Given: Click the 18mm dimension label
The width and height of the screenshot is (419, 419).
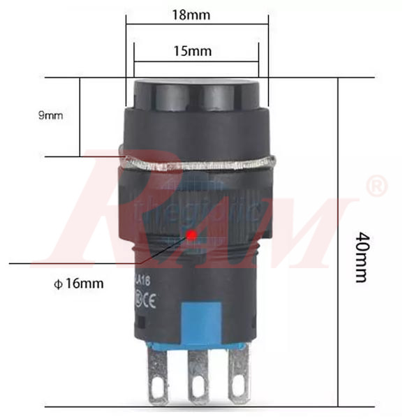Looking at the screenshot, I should [x=194, y=13].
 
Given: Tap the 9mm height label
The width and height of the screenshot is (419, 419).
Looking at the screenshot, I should [x=50, y=116].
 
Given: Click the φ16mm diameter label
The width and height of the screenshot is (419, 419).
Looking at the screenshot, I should [x=79, y=284].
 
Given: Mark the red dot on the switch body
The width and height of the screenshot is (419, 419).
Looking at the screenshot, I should [x=190, y=235].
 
